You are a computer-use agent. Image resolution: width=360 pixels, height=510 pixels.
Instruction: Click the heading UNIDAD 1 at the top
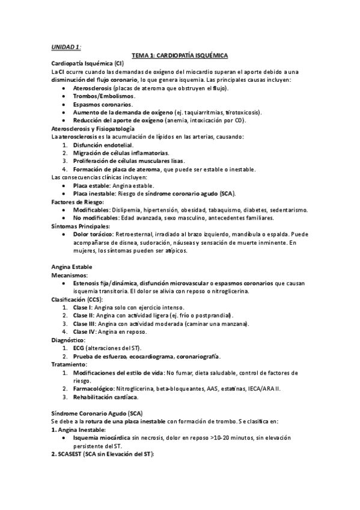tap(66, 47)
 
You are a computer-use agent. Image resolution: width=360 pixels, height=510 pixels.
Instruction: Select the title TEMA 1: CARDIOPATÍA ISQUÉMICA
tap(180, 55)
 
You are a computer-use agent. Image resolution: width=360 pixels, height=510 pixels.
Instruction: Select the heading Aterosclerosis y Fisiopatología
tap(93, 129)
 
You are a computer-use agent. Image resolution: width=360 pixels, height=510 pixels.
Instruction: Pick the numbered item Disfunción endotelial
tap(103, 146)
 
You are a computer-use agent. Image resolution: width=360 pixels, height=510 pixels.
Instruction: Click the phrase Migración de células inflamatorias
tap(120, 153)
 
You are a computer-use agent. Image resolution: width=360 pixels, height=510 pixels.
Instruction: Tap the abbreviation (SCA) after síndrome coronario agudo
tap(227, 194)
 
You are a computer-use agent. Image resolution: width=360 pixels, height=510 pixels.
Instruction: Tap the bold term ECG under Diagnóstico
tap(79, 348)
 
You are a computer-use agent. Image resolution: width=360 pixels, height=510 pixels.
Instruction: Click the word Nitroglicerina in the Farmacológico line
tap(135, 389)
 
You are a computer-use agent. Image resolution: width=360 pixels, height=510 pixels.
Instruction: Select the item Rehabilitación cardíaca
tap(105, 397)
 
